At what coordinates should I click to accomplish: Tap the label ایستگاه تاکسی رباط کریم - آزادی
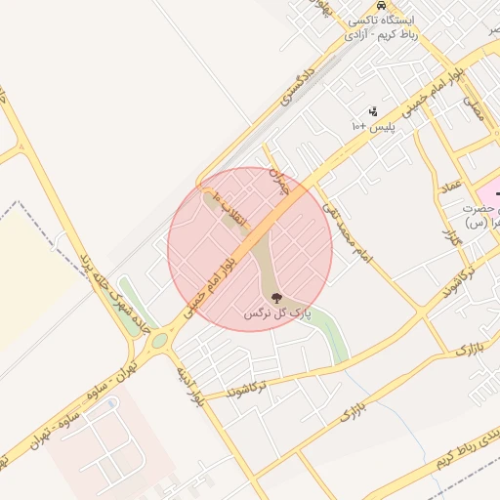(387, 26)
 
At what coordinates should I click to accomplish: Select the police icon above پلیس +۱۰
(372, 112)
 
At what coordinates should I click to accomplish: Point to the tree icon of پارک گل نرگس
(276, 298)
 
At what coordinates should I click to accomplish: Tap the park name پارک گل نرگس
(276, 313)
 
